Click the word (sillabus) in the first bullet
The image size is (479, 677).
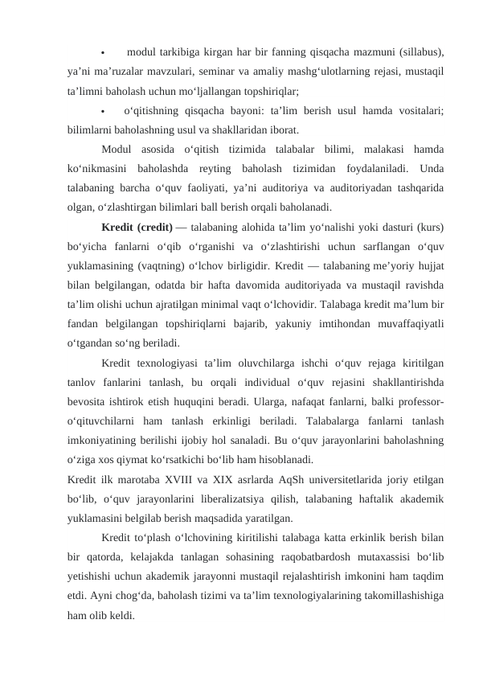click(x=419, y=53)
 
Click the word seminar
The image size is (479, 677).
click(x=211, y=72)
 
